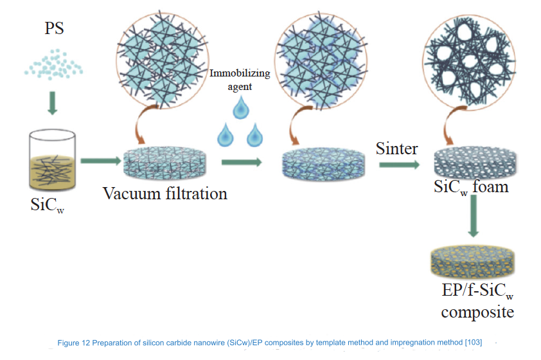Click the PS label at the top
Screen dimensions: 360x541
(x=54, y=30)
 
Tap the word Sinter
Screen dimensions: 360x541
(x=396, y=149)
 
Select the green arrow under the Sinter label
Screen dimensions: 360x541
(x=399, y=165)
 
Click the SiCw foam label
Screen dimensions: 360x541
(x=471, y=186)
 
